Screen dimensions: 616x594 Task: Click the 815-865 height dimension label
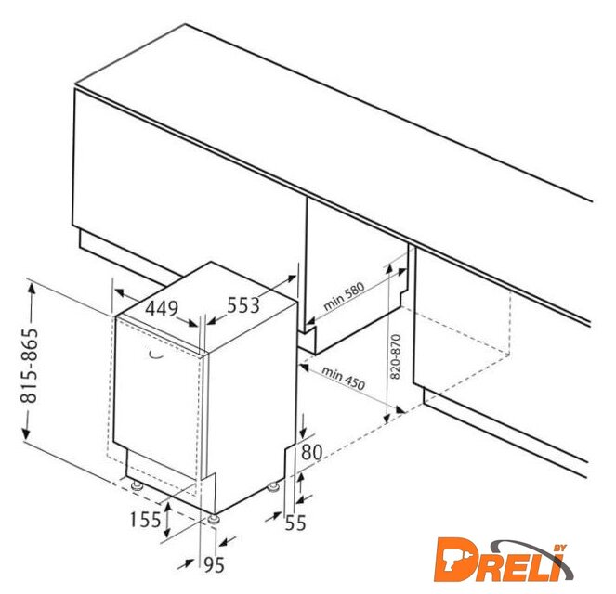point(29,366)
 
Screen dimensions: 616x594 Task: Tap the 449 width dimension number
point(162,308)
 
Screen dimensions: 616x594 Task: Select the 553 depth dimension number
point(243,304)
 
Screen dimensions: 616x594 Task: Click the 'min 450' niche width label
point(344,378)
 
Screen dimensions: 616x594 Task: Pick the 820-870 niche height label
point(396,356)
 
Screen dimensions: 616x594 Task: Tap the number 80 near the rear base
point(311,452)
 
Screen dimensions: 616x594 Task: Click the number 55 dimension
point(295,523)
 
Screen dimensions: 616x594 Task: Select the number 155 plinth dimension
point(145,521)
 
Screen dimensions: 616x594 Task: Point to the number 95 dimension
point(214,565)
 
